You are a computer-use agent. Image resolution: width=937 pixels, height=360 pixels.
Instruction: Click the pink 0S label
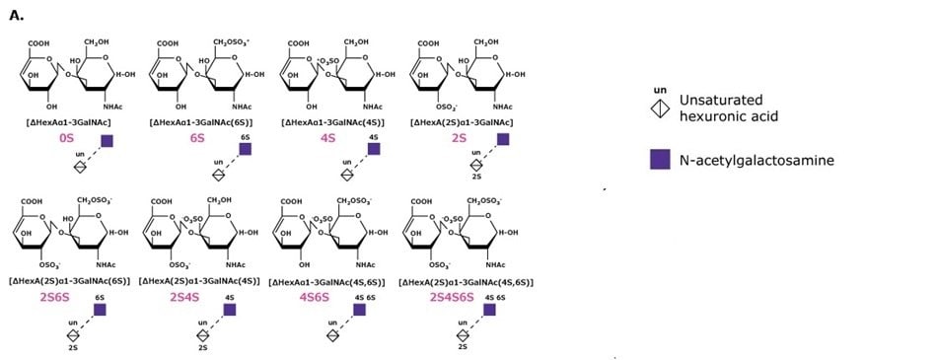(x=67, y=141)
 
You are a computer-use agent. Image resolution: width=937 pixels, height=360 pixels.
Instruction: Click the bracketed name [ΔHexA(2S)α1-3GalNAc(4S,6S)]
(x=465, y=282)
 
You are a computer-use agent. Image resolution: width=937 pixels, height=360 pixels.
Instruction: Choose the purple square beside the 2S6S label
(x=100, y=310)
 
